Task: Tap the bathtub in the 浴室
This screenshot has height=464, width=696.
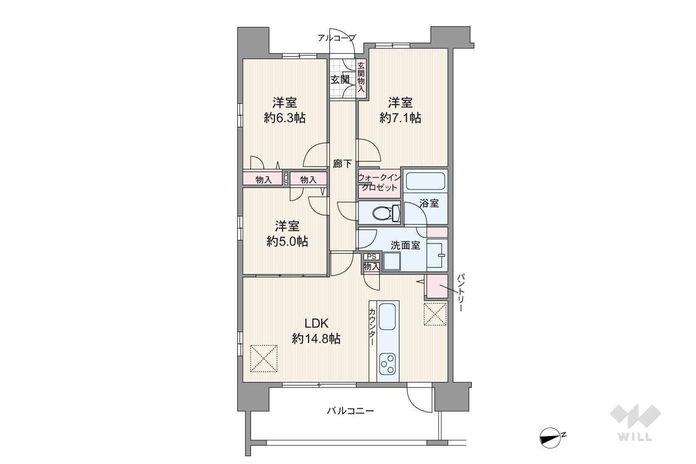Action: [x=425, y=181]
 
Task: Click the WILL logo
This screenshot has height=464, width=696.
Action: [x=635, y=423]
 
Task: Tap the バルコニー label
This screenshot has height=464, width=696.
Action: [x=350, y=411]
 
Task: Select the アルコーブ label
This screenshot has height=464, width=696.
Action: [x=336, y=38]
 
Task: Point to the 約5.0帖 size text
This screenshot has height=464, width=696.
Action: [x=287, y=241]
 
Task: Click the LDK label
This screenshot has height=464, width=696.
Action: [x=316, y=323]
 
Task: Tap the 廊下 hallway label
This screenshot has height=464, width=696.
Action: [x=342, y=164]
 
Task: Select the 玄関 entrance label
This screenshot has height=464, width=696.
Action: [x=340, y=79]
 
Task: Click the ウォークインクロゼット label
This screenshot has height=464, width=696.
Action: [x=379, y=183]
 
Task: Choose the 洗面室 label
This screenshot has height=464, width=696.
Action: [x=406, y=246]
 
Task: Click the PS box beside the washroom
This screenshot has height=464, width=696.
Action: [x=372, y=257]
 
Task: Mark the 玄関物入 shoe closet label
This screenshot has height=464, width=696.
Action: [x=361, y=77]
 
